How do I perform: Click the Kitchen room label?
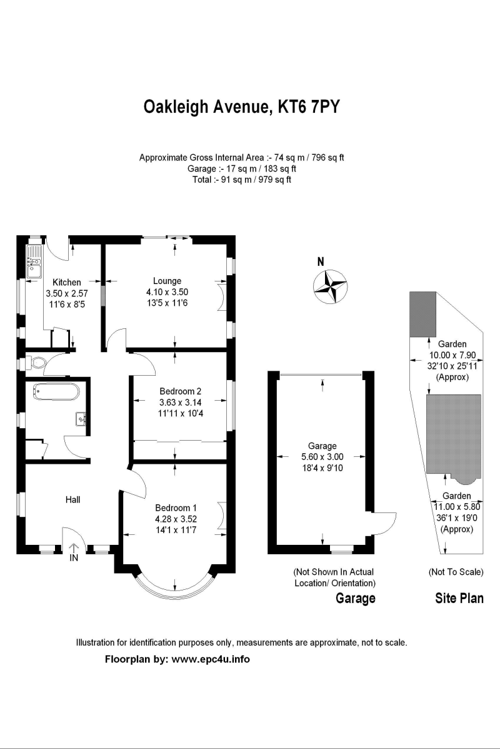(66, 282)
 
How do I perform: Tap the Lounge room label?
(167, 281)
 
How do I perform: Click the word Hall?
(73, 499)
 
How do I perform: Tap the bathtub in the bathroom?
(56, 392)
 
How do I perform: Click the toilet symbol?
(37, 361)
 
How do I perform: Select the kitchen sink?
(34, 263)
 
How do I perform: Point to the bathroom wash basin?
(82, 419)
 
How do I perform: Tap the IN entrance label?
(74, 558)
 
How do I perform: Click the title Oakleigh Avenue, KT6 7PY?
(241, 107)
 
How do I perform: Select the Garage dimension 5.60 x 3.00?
(322, 456)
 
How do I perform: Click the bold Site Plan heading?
(459, 598)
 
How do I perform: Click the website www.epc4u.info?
(211, 659)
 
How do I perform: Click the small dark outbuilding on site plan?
(422, 313)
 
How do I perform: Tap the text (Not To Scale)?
(456, 572)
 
